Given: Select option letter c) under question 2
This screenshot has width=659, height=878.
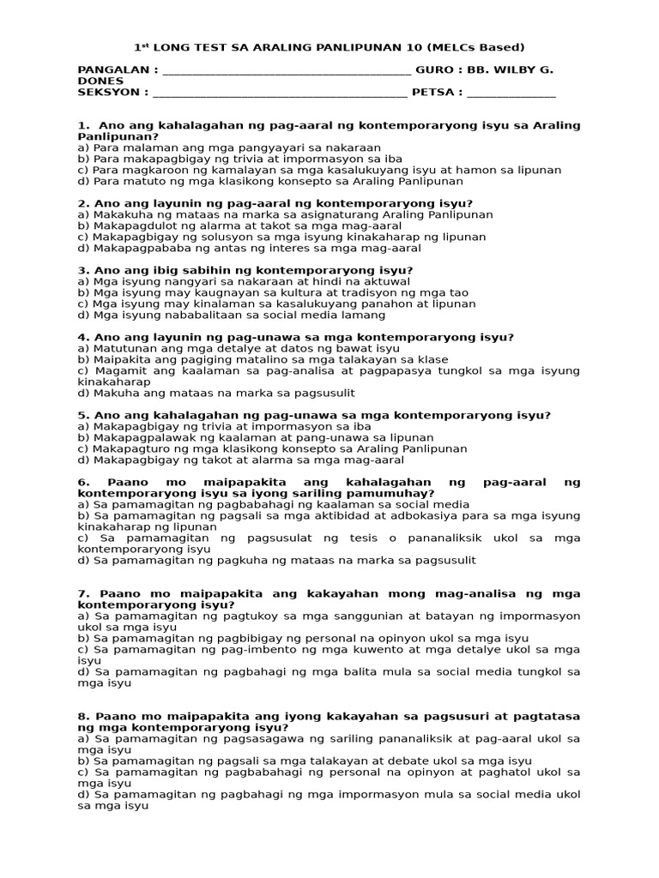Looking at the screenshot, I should click(x=83, y=237).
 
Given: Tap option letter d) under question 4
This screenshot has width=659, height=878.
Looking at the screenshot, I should click(x=83, y=394).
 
